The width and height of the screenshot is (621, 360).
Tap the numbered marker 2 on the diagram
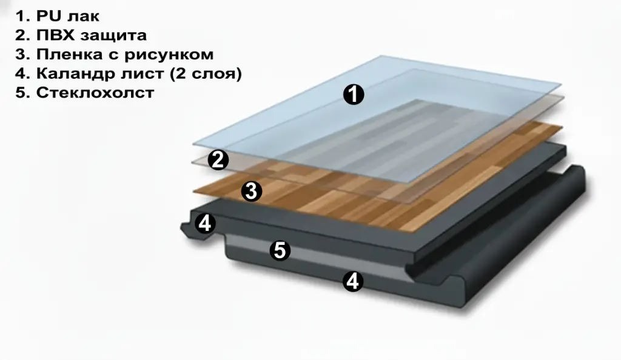coord(218,160)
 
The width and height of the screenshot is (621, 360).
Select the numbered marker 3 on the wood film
coord(251,192)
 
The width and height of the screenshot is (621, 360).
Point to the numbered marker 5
coord(279,250)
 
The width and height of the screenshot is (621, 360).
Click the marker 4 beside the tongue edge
coord(205,224)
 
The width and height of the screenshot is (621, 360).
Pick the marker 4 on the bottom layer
coord(353,281)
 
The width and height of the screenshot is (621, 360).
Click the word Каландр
coord(73,74)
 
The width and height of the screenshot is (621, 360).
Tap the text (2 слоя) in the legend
coord(207,74)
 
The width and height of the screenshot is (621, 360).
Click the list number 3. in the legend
coord(24,55)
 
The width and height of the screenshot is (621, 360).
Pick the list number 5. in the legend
coord(24,93)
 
